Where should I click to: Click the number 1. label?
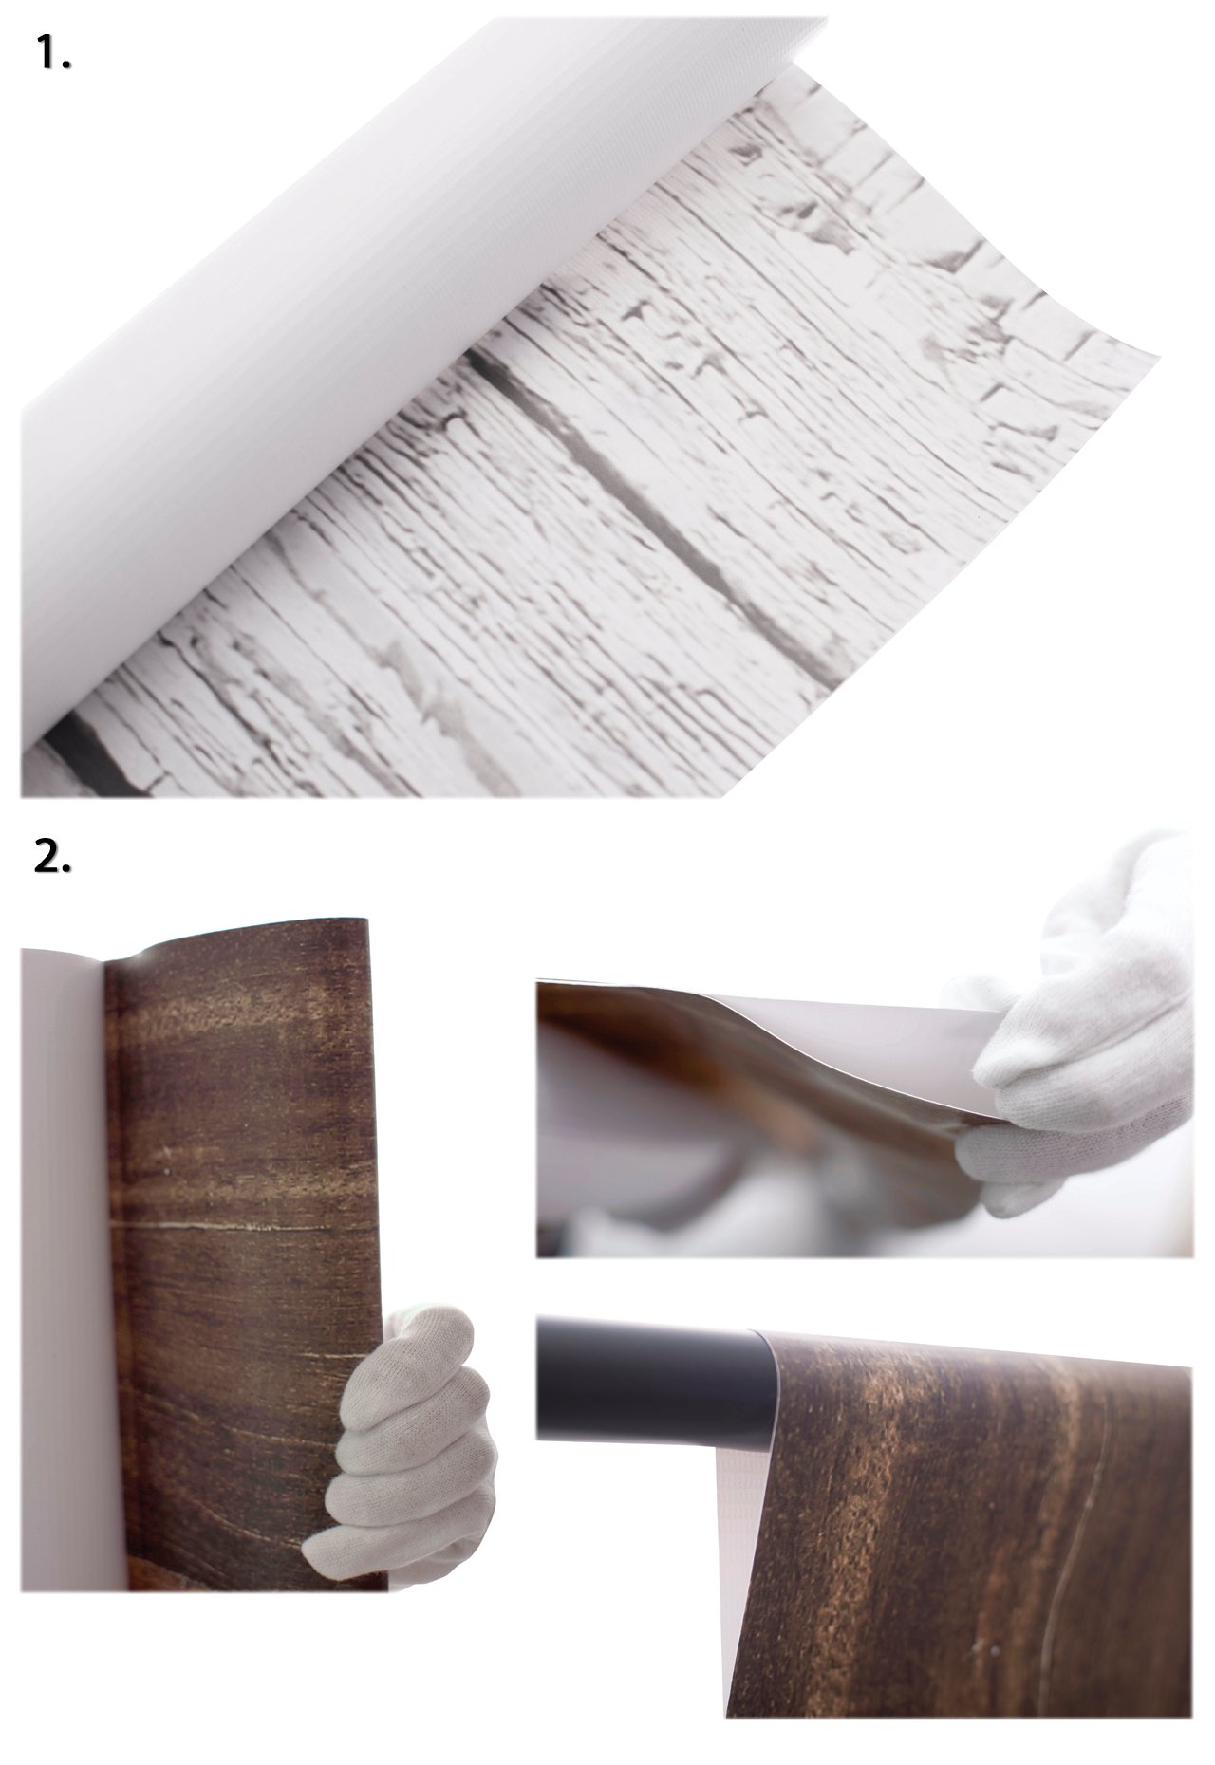click(x=54, y=56)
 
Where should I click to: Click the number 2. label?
click(x=53, y=857)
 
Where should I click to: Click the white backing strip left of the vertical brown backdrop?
click(x=62, y=1234)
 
